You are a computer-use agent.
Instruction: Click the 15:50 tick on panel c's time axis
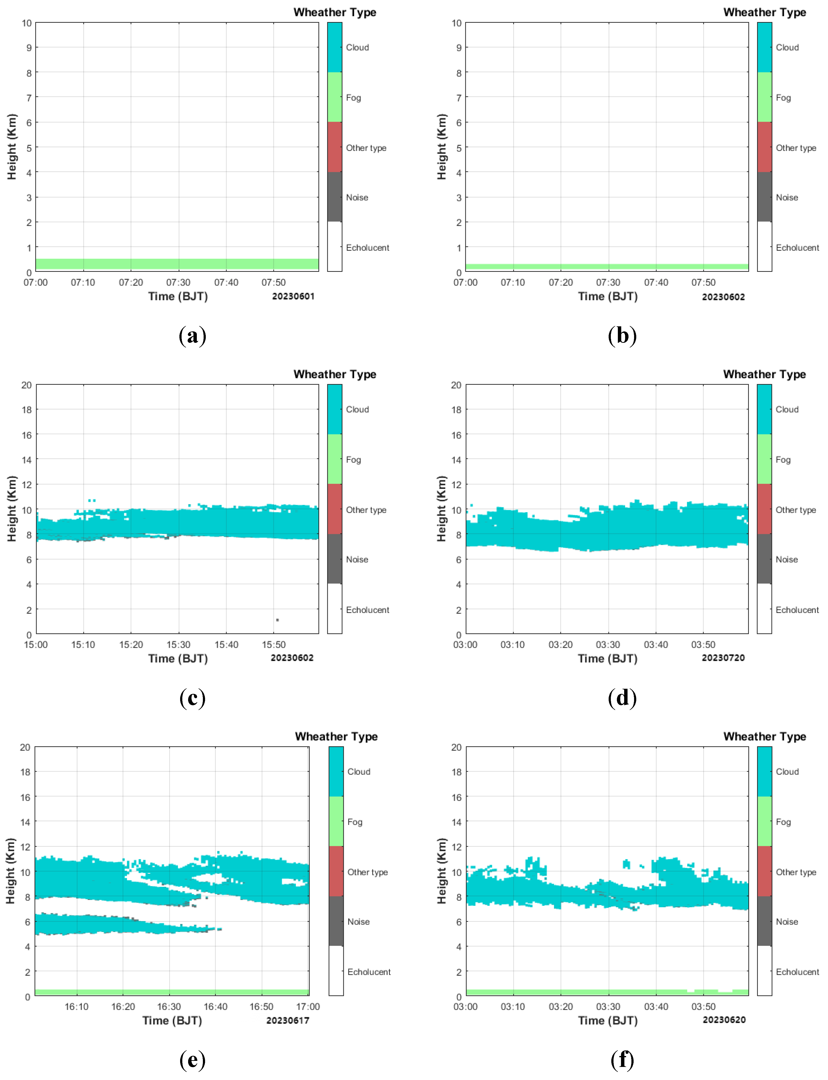point(274,645)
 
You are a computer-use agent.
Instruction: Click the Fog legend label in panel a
point(353,98)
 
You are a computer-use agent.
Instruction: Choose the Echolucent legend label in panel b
point(797,248)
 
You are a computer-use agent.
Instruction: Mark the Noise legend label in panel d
point(787,559)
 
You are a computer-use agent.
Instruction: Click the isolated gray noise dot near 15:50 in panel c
point(277,620)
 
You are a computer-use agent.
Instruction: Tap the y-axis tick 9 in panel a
point(29,48)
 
